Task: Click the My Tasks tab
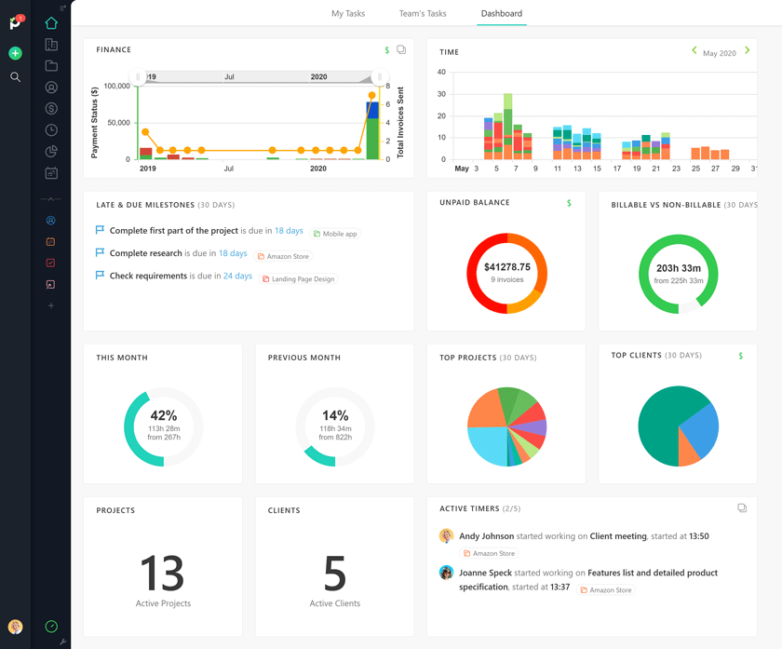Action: point(348,14)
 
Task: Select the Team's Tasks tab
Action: point(423,14)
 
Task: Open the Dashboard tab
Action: point(501,14)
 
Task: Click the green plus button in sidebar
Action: point(15,54)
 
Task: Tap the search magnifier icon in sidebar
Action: point(15,77)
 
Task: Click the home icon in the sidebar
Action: point(51,22)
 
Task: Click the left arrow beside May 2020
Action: point(694,51)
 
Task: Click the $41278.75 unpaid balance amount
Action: point(506,267)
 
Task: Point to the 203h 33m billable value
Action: point(678,268)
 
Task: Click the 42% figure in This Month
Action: point(163,416)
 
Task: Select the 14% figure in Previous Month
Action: point(335,416)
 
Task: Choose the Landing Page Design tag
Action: point(303,279)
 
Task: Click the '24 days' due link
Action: point(237,277)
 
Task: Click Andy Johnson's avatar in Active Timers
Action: point(446,536)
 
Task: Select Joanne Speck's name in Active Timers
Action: point(484,573)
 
